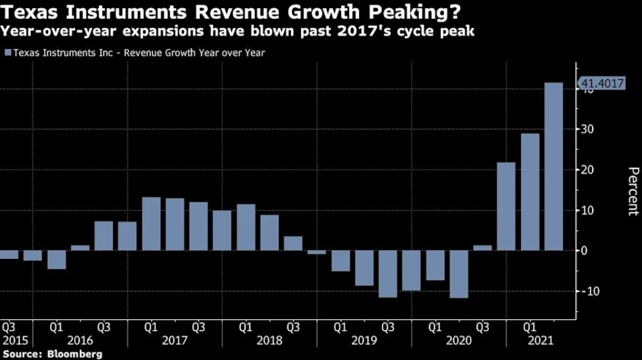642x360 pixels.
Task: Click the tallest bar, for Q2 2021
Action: (553, 166)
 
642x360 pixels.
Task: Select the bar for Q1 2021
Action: (530, 191)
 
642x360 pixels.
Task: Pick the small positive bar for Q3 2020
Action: (482, 247)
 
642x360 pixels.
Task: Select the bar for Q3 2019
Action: (387, 273)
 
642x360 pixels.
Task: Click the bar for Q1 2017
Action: (151, 223)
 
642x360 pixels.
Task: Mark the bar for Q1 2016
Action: (56, 259)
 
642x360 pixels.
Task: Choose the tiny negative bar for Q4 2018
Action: (317, 252)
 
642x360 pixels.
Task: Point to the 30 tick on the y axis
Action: (590, 129)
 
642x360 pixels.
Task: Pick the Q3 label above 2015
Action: (9, 327)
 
